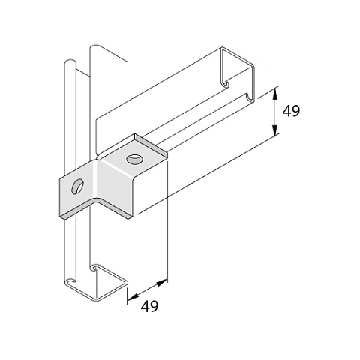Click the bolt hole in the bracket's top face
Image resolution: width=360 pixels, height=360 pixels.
(x=134, y=160)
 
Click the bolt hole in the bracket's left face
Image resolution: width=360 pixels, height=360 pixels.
(x=77, y=187)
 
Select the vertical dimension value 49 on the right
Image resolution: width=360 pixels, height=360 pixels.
(x=291, y=111)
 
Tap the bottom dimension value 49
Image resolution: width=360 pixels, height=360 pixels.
(x=149, y=306)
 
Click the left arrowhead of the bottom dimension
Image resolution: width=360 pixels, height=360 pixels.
(x=133, y=297)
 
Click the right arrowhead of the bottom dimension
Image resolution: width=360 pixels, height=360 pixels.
(x=161, y=283)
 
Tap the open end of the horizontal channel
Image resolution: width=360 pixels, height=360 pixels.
(x=238, y=75)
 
